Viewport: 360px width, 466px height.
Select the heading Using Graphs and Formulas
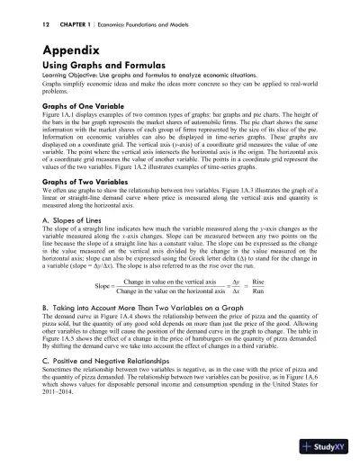(x=103, y=72)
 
